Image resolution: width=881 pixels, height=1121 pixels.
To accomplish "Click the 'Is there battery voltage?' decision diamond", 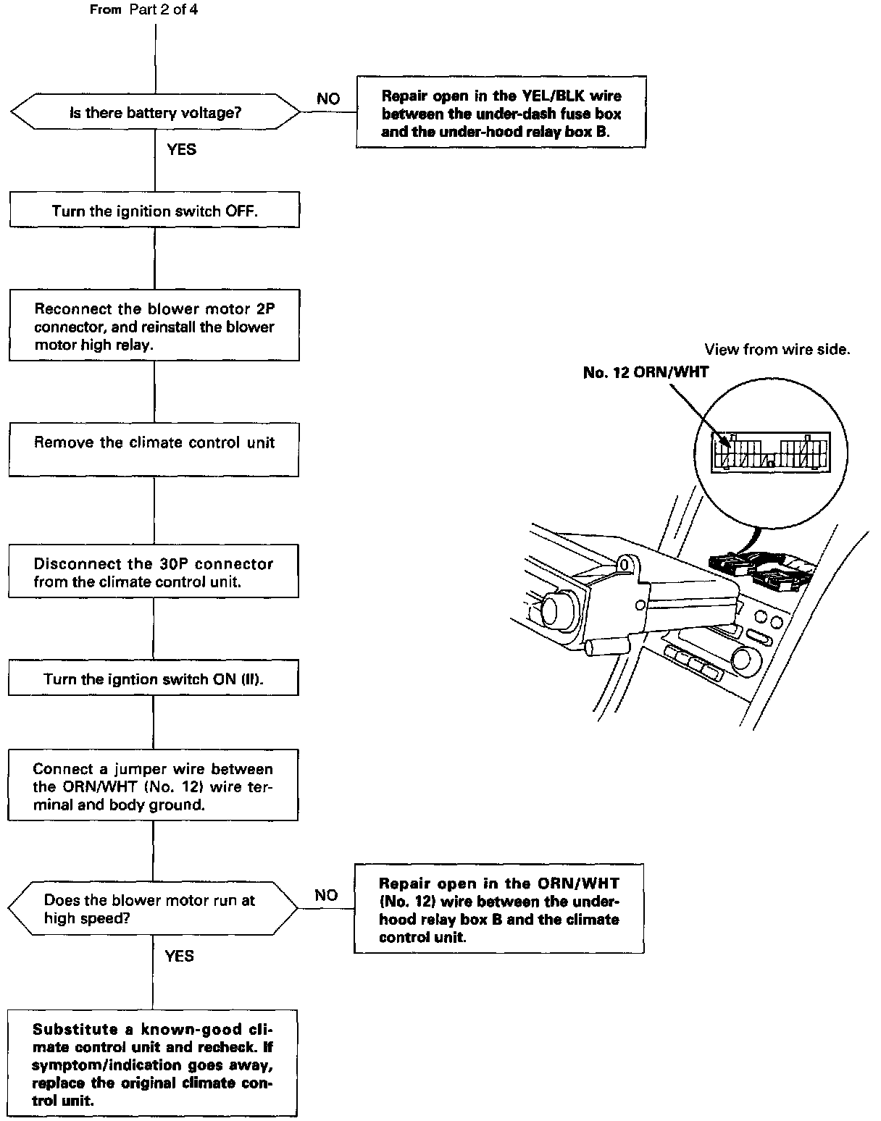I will coord(155,113).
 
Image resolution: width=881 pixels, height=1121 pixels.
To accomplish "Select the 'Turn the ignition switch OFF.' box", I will coord(154,211).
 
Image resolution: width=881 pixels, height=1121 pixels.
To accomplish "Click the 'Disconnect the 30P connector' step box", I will coord(154,572).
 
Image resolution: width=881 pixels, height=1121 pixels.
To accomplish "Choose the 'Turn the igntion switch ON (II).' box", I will coord(154,679).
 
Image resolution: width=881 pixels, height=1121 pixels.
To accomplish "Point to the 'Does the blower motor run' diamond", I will coord(153,910).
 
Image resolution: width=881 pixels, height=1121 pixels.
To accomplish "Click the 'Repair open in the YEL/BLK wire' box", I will coord(501,113).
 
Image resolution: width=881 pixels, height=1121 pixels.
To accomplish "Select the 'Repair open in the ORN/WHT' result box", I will coord(499,910).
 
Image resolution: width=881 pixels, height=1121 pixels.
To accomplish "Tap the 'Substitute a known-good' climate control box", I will coord(153,1064).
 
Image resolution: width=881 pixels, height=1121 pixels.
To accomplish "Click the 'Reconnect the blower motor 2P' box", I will coord(154,326).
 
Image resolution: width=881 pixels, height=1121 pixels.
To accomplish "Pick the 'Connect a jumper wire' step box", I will coord(153,786).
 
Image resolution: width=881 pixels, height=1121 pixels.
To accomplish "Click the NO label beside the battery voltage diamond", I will coord(328,98).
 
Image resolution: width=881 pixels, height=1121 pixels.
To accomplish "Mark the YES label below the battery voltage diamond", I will coord(181,149).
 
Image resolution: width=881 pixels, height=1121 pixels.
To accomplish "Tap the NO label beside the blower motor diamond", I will coord(326,895).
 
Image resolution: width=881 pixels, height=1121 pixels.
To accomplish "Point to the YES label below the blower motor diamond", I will coord(179,956).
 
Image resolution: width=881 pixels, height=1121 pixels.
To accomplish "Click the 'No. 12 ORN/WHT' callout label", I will coord(646,372).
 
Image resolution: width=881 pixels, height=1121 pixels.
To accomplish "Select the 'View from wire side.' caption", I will coord(777,350).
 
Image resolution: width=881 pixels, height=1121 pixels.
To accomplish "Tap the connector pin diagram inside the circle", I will coord(770,452).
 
